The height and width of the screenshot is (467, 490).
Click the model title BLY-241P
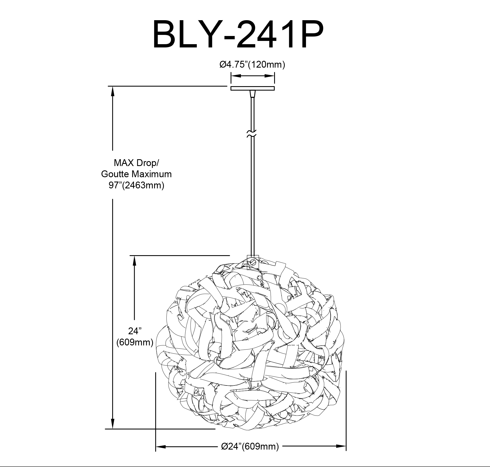click(238, 35)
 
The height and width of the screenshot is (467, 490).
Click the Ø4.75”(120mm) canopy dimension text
click(252, 65)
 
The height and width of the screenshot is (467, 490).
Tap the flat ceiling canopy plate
click(252, 88)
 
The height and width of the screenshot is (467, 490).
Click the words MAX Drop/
click(136, 163)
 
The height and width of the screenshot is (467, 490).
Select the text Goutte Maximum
click(136, 174)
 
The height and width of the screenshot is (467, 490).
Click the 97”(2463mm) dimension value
click(136, 185)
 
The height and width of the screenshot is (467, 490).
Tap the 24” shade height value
click(135, 331)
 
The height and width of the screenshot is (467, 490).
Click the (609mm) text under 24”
click(135, 342)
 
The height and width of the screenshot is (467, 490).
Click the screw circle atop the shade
click(253, 262)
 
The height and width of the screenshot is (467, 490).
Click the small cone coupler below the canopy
click(252, 94)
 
